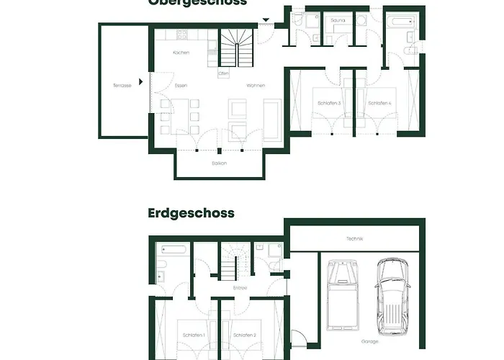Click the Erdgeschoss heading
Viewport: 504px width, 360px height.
(x=191, y=213)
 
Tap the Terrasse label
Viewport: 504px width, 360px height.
(x=122, y=86)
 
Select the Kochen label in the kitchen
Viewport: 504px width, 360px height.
(x=181, y=54)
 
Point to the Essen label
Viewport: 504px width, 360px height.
(x=181, y=86)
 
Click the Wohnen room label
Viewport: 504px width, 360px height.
(x=256, y=86)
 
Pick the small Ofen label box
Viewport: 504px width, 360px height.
(x=224, y=73)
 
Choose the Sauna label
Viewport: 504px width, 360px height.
(x=338, y=21)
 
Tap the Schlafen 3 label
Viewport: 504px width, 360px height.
(x=329, y=104)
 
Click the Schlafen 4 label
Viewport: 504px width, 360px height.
(x=379, y=104)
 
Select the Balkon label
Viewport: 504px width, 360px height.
(x=219, y=163)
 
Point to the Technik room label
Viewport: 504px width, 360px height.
(x=354, y=238)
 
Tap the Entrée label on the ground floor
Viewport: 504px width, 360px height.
(x=240, y=288)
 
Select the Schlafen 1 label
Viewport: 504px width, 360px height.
(x=194, y=336)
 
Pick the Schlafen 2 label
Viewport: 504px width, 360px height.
(x=244, y=336)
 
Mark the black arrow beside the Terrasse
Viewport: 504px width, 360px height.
(x=141, y=81)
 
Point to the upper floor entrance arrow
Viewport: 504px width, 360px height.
(x=265, y=21)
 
